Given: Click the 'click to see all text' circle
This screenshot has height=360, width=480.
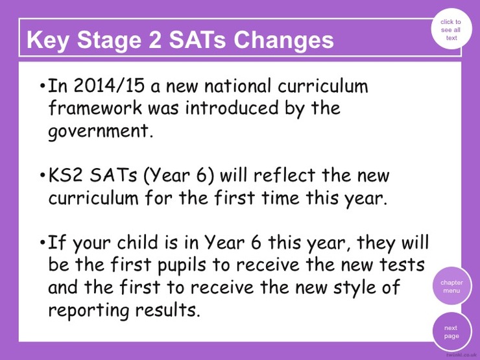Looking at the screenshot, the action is tap(451, 29).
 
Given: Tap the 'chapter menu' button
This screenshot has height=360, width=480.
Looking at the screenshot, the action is tap(452, 286).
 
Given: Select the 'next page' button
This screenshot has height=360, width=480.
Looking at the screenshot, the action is tap(452, 331).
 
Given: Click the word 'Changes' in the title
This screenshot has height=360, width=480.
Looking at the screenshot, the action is tap(283, 40).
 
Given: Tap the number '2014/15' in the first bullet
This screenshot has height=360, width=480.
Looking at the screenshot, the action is tap(109, 86).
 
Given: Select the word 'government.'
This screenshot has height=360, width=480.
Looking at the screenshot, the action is tap(101, 132).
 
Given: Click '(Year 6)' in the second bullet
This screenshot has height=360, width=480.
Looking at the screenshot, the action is tap(178, 176).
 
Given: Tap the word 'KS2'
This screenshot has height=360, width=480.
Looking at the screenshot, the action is tap(66, 175).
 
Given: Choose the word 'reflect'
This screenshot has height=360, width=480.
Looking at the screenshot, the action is tap(285, 175).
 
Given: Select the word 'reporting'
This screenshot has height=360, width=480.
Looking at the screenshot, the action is tap(89, 311).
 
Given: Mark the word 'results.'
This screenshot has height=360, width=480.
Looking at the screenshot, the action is tap(167, 309).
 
